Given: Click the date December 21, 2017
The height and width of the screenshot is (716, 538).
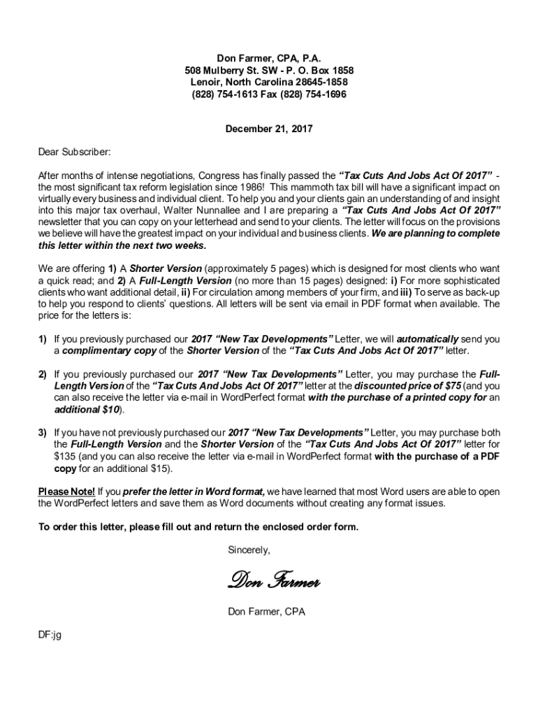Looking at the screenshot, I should (268, 129).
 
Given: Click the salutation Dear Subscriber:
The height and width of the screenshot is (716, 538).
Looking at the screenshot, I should (74, 152).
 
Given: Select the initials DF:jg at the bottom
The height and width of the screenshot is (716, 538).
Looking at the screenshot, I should (50, 636).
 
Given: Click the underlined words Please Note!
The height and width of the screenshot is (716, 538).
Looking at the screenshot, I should (66, 492).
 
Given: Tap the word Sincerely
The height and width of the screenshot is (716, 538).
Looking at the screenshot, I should (249, 550).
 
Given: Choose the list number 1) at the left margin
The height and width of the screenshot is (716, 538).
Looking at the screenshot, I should (43, 339).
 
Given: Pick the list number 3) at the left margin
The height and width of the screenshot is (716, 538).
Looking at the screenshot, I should (43, 433).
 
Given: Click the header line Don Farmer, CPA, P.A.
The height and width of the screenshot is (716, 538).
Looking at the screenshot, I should (269, 59).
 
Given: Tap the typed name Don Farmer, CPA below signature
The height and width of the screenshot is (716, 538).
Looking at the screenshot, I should (266, 612).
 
